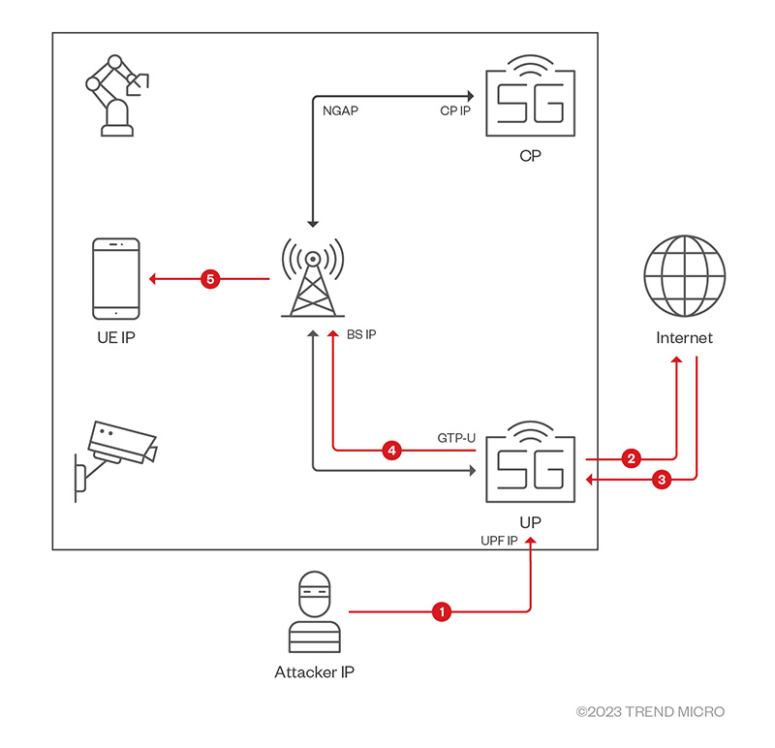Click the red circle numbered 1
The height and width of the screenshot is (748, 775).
(442, 611)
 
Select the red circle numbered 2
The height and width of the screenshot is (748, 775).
(632, 457)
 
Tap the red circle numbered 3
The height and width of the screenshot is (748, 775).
(662, 479)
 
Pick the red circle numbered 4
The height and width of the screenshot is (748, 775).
(391, 451)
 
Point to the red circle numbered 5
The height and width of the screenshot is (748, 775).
(210, 279)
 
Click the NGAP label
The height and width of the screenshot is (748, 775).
(340, 110)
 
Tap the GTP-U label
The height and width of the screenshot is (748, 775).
(456, 438)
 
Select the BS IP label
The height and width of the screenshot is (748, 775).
(361, 334)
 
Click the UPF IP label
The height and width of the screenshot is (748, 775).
(500, 539)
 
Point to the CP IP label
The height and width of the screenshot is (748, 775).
(455, 110)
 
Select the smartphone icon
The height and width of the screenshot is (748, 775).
(115, 278)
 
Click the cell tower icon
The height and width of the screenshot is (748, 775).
(312, 277)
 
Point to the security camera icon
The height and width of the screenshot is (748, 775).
(114, 455)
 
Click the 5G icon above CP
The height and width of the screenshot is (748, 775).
(528, 102)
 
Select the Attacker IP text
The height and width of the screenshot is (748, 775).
(314, 670)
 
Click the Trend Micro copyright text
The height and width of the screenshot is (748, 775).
(650, 712)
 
